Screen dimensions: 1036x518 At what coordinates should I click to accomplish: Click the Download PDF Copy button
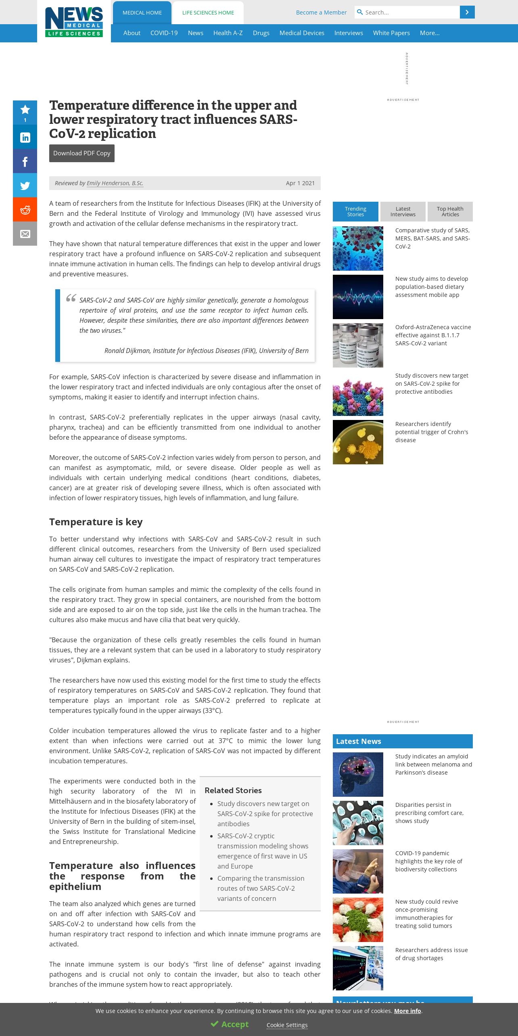pyautogui.click(x=82, y=153)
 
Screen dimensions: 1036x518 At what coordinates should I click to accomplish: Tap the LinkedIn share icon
pyautogui.click(x=25, y=138)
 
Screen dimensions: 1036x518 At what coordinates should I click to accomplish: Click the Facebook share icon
pyautogui.click(x=25, y=162)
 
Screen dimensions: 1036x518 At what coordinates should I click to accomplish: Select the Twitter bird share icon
pyautogui.click(x=25, y=186)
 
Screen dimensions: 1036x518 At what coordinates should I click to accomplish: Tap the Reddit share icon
pyautogui.click(x=25, y=210)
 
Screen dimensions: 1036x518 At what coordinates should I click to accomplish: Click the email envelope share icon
pyautogui.click(x=25, y=234)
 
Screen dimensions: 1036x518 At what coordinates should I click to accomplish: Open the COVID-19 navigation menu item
pyautogui.click(x=164, y=33)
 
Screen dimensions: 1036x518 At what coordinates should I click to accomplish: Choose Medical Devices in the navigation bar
pyautogui.click(x=302, y=33)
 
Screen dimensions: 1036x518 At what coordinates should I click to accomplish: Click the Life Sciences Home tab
pyautogui.click(x=208, y=13)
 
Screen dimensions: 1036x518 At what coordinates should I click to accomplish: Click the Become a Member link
pyautogui.click(x=321, y=13)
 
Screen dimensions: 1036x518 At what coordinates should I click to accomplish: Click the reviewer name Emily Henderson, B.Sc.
pyautogui.click(x=115, y=183)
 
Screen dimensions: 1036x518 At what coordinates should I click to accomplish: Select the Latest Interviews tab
pyautogui.click(x=403, y=212)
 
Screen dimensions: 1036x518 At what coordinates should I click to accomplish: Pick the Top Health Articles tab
pyautogui.click(x=450, y=212)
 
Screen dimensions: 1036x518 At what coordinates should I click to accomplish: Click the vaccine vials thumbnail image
pyautogui.click(x=358, y=345)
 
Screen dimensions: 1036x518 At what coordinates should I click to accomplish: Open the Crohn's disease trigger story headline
pyautogui.click(x=432, y=432)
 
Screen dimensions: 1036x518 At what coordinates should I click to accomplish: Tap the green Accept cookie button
pyautogui.click(x=230, y=1024)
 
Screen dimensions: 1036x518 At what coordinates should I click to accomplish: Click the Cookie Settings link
pyautogui.click(x=287, y=1025)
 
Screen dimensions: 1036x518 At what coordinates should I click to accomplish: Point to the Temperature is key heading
pyautogui.click(x=96, y=522)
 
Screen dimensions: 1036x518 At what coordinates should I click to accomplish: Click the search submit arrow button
pyautogui.click(x=467, y=13)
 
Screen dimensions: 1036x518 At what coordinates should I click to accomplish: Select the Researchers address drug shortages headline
pyautogui.click(x=431, y=954)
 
